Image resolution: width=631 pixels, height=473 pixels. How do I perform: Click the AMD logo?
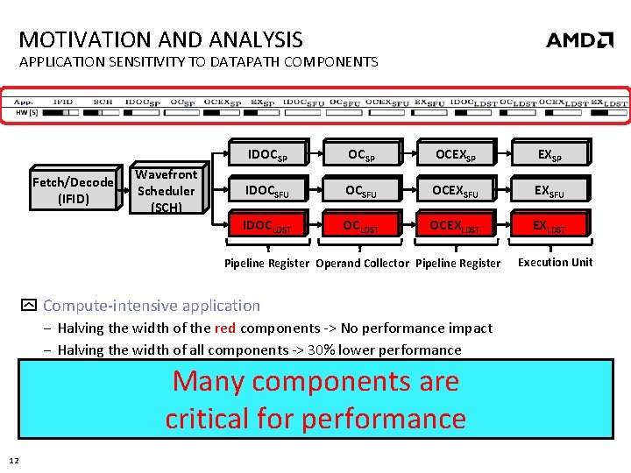[x=579, y=39]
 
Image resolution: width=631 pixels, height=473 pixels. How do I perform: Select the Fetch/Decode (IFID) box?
[x=73, y=190]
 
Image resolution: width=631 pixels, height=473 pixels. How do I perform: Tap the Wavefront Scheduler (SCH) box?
[x=167, y=190]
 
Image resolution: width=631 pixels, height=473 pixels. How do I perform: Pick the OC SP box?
[x=361, y=155]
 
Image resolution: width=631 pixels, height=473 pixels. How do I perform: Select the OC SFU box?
[x=361, y=190]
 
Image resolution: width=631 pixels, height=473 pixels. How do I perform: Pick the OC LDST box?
[x=361, y=226]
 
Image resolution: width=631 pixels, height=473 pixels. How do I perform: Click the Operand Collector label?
[x=362, y=263]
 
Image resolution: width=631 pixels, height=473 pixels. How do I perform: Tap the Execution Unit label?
[x=555, y=262]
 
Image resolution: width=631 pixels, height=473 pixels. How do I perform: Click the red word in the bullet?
[x=225, y=328]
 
